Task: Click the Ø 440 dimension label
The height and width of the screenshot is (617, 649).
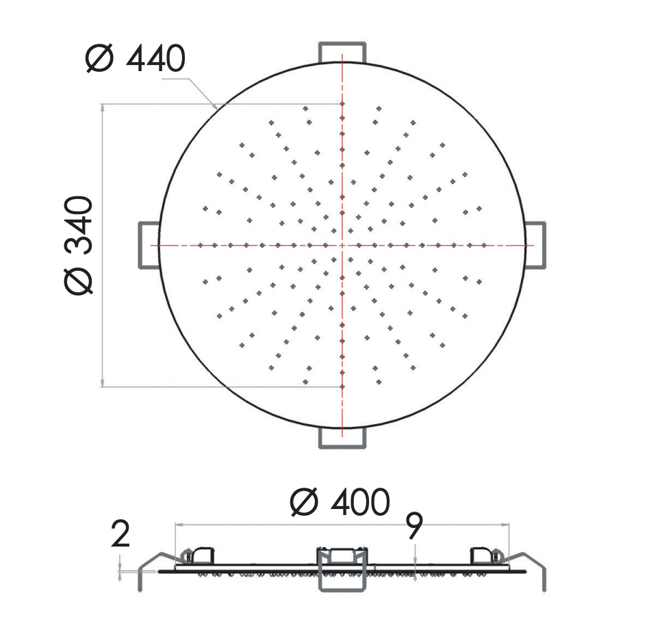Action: coord(135,60)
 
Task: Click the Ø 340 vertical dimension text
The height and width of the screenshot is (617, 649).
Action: coord(80,244)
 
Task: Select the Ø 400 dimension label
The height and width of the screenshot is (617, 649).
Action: coord(340,503)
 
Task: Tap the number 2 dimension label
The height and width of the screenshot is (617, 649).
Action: coord(120,534)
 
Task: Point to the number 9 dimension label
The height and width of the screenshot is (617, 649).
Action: coord(414,526)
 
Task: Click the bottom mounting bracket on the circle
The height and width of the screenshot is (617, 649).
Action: coord(342,438)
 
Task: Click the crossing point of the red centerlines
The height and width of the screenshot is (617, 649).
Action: coord(342,245)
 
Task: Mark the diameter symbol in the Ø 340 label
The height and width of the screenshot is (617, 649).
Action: coord(80,280)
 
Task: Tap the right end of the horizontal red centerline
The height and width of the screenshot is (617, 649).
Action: coord(532,245)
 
